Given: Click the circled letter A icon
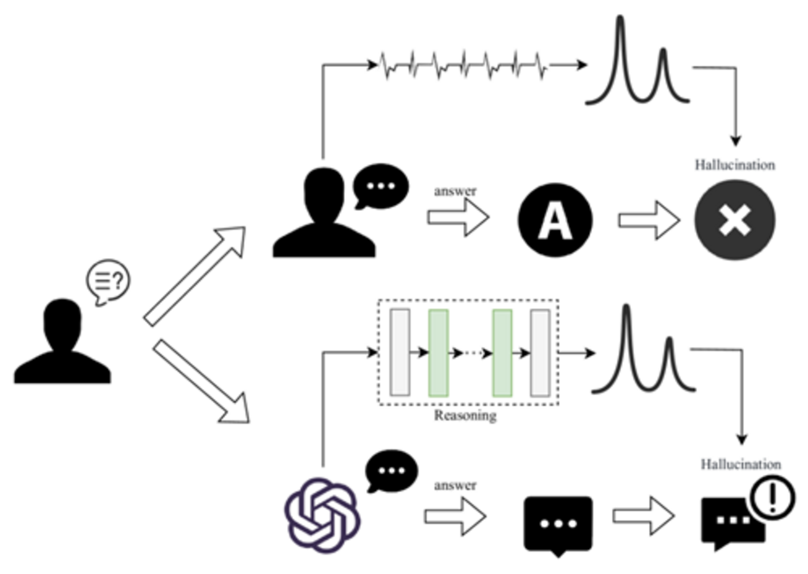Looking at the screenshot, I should click(555, 221).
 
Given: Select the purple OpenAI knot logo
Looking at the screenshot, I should click(321, 514).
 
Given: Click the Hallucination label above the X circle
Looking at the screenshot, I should click(735, 165).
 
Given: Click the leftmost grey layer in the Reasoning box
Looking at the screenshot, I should click(400, 352).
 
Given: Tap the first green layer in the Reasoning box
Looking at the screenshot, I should click(438, 352).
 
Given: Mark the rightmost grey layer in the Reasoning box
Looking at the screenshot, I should click(540, 352).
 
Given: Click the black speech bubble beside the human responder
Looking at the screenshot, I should click(380, 185).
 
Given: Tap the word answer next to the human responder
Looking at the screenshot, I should click(456, 192).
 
